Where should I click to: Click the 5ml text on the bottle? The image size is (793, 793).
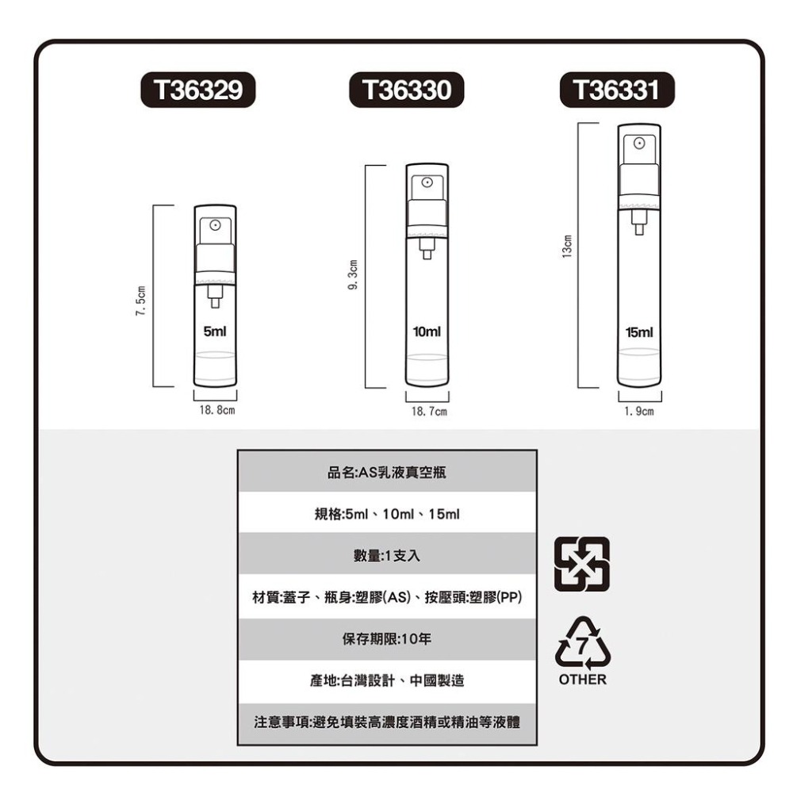[215, 331]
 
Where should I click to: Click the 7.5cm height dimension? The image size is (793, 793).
[140, 301]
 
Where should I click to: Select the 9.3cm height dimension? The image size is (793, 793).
[353, 276]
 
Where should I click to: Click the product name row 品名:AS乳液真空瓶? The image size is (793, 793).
[387, 473]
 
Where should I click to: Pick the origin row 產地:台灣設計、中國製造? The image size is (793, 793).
[387, 680]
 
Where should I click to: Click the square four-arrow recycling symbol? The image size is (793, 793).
[582, 565]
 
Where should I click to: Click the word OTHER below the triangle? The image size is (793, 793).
[582, 680]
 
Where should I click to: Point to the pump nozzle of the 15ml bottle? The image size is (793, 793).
[639, 145]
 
